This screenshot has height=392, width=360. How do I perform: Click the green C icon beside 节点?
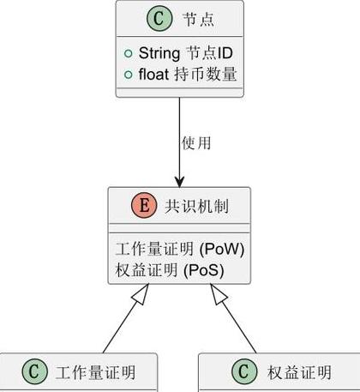point(159,18)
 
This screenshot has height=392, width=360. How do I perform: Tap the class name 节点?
point(199,19)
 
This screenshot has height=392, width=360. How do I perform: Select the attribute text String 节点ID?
point(186,53)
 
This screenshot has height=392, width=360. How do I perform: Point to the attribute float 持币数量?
point(188,74)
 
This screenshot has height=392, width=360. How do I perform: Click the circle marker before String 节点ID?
point(129,53)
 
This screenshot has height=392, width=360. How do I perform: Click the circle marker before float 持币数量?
point(129,75)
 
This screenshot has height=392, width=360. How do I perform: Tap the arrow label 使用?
point(196,143)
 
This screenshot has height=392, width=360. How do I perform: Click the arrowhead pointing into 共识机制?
point(179,182)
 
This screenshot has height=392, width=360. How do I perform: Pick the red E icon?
point(144,205)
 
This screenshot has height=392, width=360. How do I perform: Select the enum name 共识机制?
point(197,206)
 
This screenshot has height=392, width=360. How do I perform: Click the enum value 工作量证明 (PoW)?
point(180,249)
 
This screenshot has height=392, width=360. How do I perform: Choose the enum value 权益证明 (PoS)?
point(170,270)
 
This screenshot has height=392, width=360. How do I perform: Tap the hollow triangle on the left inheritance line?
point(141,294)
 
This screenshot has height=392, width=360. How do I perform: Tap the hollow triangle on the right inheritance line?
point(219,294)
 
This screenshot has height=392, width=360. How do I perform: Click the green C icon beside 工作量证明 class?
point(34,371)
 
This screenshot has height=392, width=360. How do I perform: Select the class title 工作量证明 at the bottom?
point(95,372)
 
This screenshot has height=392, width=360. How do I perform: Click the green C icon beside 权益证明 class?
point(244,371)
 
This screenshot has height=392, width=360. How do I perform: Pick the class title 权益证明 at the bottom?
point(299,372)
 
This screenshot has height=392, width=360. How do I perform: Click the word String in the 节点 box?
point(159,53)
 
